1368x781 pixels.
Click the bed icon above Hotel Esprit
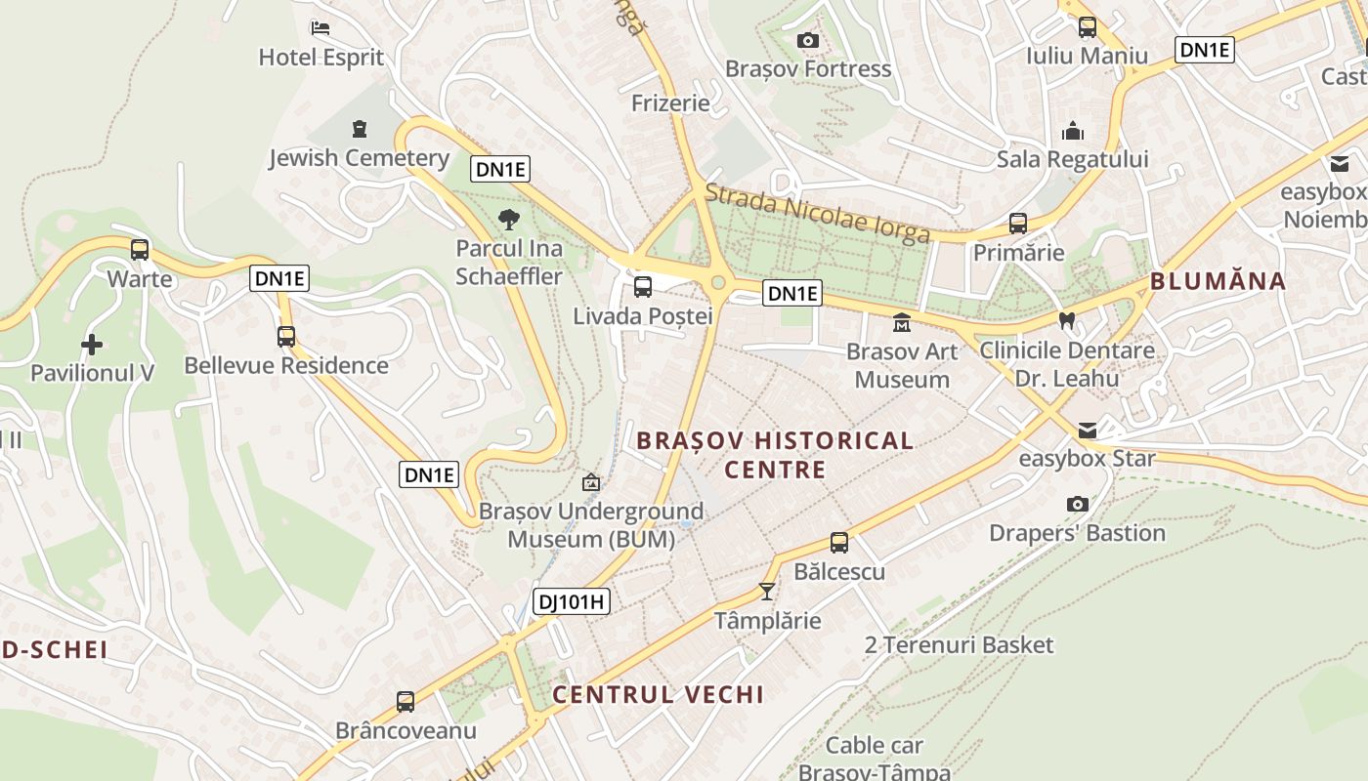[320, 28]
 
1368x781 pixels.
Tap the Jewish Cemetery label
[359, 157]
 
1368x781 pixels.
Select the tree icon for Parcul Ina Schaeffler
[508, 219]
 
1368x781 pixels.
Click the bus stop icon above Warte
[140, 250]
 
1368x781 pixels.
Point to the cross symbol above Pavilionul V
[92, 344]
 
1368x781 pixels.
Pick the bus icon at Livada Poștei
[642, 287]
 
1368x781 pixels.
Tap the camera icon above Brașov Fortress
[807, 40]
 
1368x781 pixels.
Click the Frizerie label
[670, 103]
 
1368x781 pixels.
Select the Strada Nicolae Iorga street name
[817, 214]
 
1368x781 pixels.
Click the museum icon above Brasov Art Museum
[901, 322]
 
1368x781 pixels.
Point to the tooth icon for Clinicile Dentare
[1067, 320]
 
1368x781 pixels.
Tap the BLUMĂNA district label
[1218, 281]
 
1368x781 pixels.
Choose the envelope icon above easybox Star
[1087, 430]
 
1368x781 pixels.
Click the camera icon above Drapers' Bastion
[1077, 504]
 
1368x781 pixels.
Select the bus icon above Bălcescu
[838, 543]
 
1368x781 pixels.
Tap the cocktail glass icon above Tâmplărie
[767, 592]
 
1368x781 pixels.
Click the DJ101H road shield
[573, 601]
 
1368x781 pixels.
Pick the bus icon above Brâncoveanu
[406, 701]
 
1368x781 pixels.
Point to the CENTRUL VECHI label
[658, 694]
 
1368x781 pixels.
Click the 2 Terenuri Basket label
[959, 644]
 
